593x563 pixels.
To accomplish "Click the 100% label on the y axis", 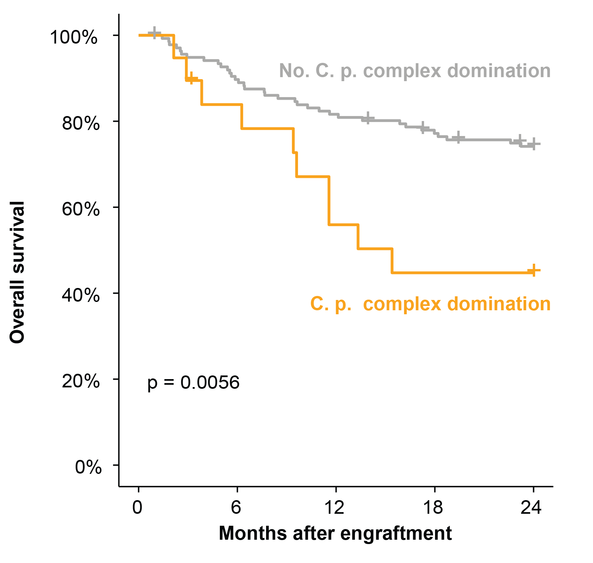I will coord(74,37).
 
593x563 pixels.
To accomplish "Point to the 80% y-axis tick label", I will coord(80,123).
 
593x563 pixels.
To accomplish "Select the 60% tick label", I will coord(80,209).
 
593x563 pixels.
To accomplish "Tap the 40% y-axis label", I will coord(80,295).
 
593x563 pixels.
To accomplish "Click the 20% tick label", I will coord(80,381).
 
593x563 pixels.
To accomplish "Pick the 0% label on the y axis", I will coord(88,467).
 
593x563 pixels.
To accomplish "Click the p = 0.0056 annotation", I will coord(193,383).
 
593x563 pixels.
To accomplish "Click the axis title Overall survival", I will coord(17,272).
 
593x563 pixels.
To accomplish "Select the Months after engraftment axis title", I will coord(335,533).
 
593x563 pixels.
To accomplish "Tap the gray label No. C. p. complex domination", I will coord(415,71).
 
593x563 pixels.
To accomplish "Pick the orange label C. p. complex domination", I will coord(430,304).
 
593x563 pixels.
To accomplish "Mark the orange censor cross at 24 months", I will coord(533,270).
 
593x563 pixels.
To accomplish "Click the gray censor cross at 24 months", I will coord(533,144).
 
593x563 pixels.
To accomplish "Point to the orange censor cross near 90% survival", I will coord(191,78).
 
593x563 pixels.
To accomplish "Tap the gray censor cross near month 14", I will coord(368,118).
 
